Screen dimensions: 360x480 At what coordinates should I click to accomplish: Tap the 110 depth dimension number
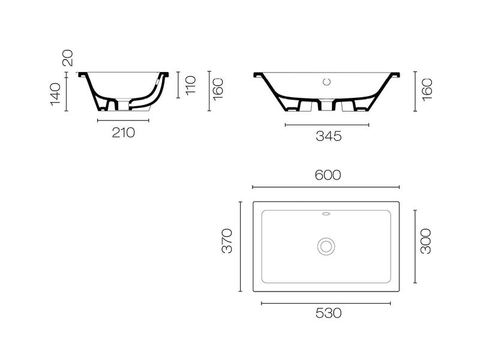coord(191,85)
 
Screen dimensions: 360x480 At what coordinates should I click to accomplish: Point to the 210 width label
coord(123,133)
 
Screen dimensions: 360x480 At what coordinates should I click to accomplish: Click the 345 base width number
coord(328,136)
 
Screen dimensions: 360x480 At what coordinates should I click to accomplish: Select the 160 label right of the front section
coord(427,90)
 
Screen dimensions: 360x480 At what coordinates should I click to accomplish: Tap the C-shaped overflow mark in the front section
coord(327,81)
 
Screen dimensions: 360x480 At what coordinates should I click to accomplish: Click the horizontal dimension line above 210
coord(123,121)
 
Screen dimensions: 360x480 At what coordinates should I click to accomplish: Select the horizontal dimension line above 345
coord(327,125)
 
